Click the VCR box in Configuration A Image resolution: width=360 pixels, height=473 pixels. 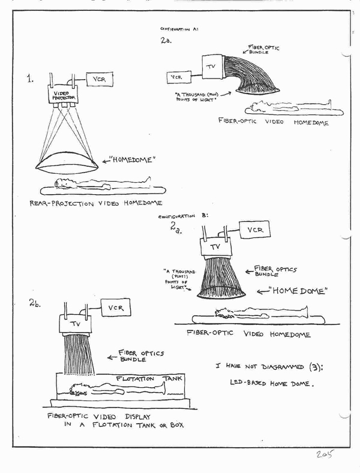(x=177, y=77)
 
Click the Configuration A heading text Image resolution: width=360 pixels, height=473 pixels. (x=181, y=28)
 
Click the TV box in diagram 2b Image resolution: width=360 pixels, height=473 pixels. (x=75, y=324)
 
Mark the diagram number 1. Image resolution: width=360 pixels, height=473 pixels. (x=29, y=79)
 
